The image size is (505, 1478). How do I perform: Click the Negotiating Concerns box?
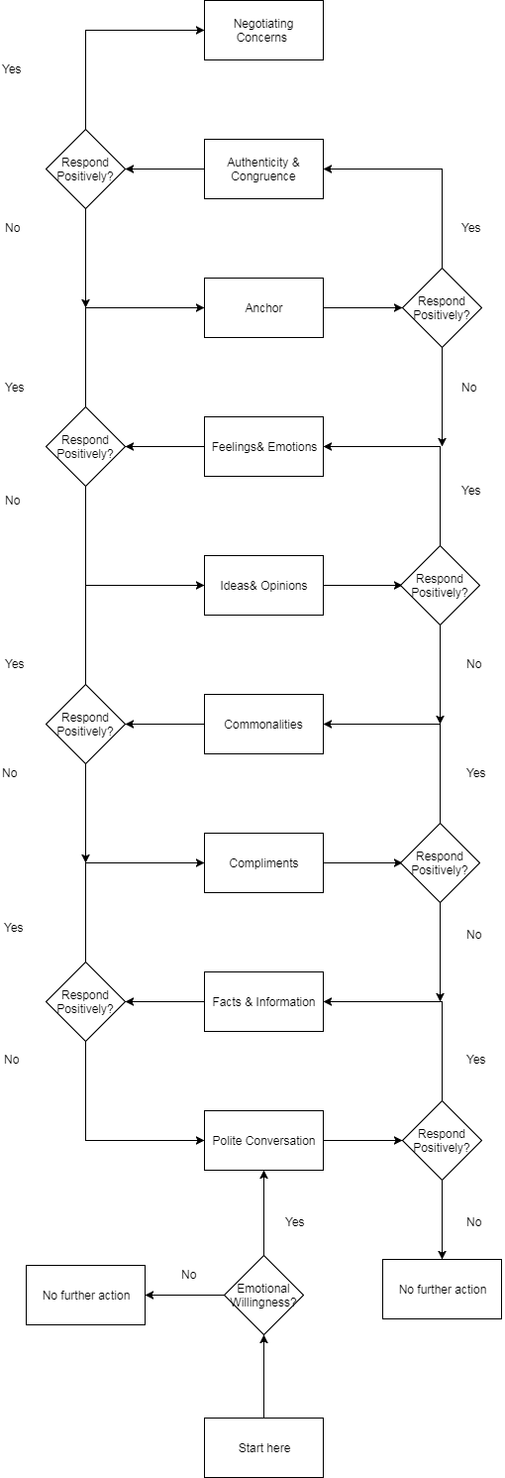tap(263, 31)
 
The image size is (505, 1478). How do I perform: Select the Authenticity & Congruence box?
tap(263, 169)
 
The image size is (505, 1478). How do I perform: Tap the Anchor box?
tap(263, 307)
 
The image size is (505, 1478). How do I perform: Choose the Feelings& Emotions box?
tap(263, 447)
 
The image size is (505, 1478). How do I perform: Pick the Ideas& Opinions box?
tap(263, 585)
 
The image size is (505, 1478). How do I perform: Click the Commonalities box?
tap(263, 724)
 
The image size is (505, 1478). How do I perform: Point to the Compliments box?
tap(263, 863)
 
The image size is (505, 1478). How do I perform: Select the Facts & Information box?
tap(263, 1001)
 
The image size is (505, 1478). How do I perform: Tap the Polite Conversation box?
tap(263, 1140)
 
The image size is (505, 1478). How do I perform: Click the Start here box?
tap(263, 1447)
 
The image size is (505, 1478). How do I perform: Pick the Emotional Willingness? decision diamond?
tap(263, 1296)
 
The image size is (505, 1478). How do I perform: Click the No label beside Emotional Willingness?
tap(188, 1275)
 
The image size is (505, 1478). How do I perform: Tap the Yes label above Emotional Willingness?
tap(295, 1222)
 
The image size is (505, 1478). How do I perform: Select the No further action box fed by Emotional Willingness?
tap(86, 1296)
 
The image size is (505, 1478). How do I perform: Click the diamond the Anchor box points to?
tap(442, 307)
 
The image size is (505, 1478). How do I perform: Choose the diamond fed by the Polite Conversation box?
tap(442, 1140)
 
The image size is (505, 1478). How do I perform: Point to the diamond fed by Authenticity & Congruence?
tap(86, 169)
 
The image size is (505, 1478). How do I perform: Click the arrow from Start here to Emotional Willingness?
tap(263, 1376)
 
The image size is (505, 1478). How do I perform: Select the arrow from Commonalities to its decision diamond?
tap(164, 724)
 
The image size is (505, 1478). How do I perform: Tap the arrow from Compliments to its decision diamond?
tap(362, 863)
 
